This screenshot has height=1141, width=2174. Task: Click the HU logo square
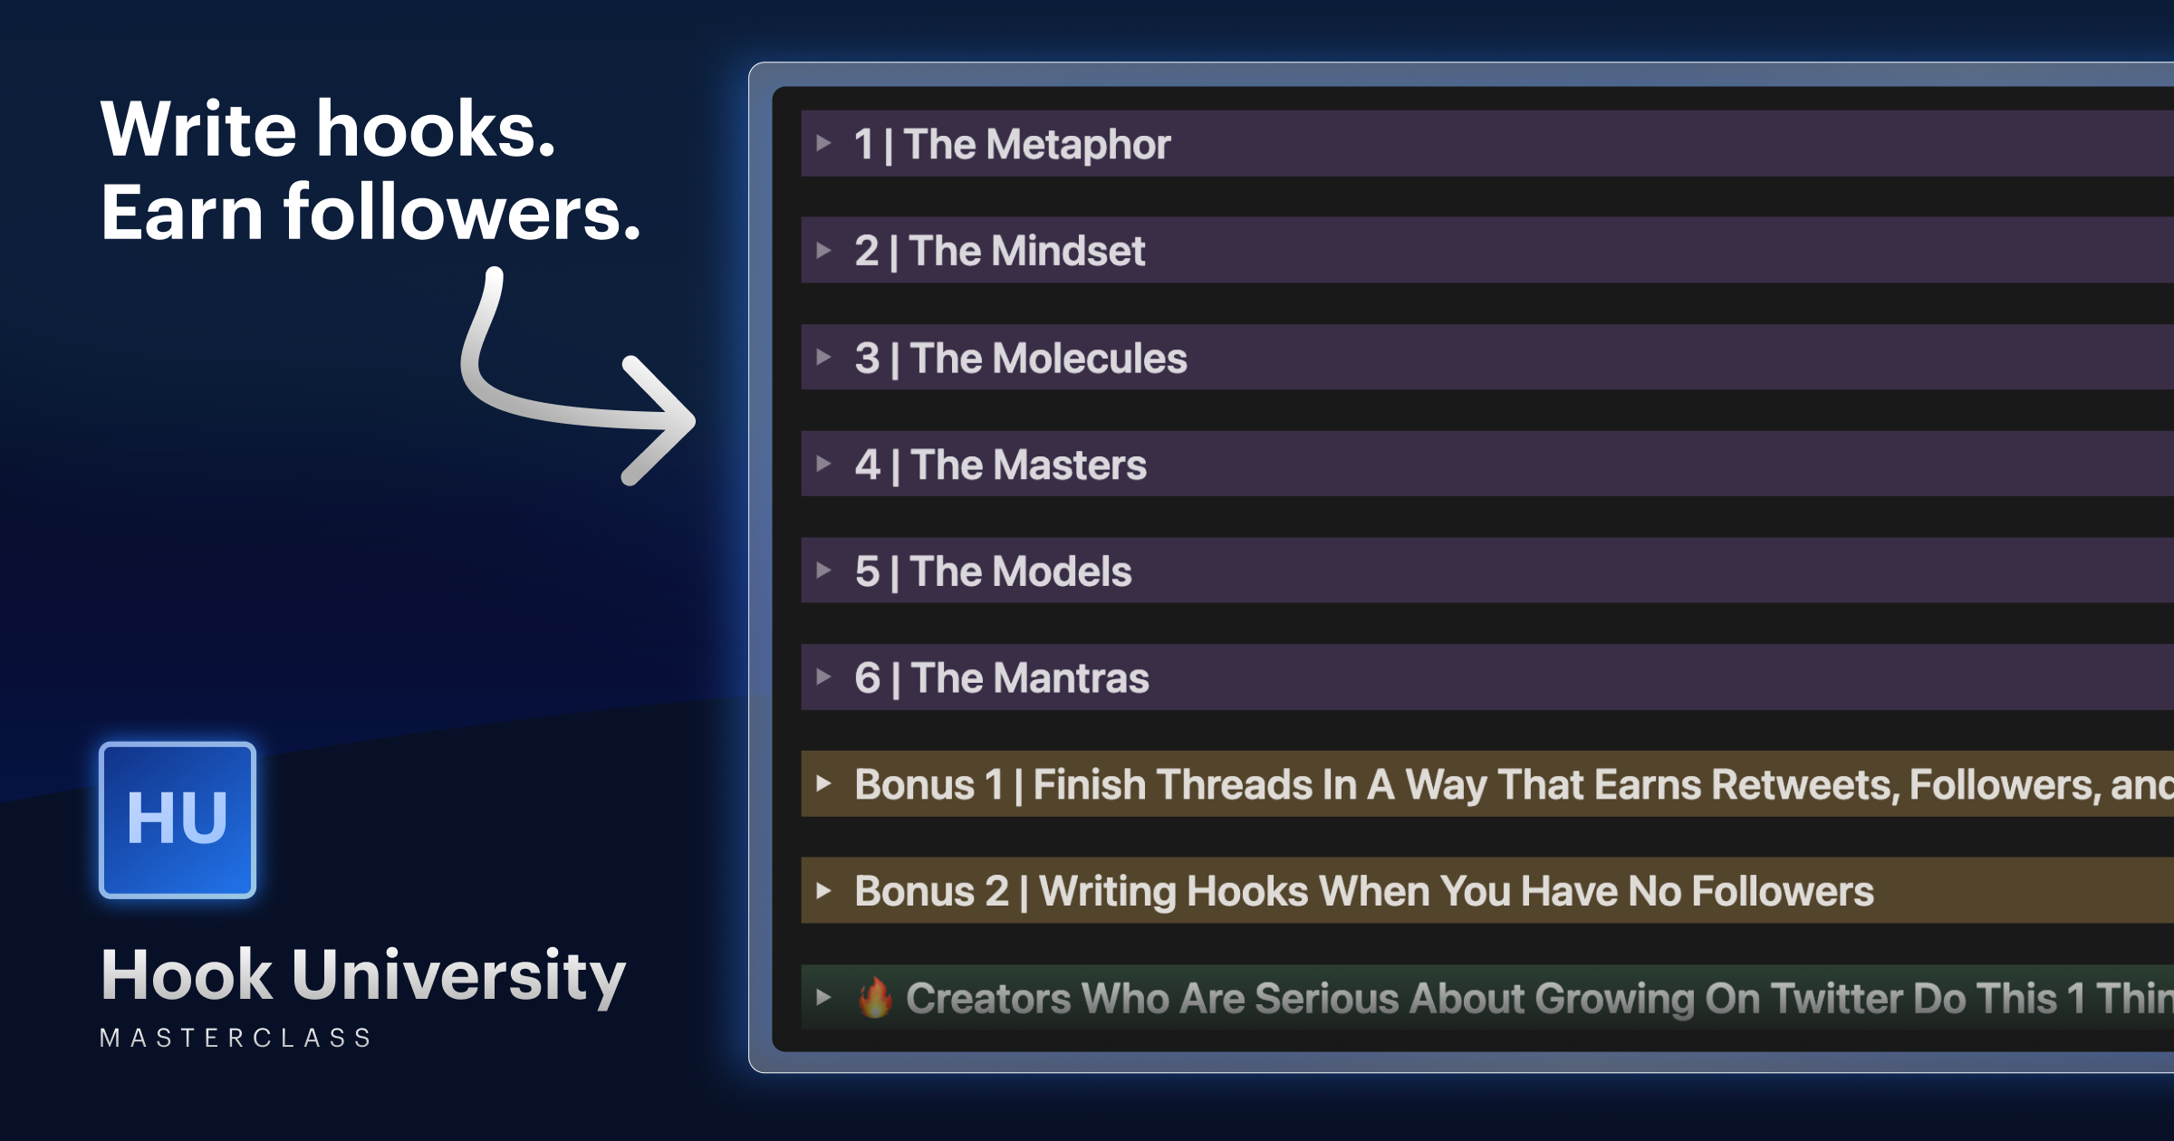(178, 820)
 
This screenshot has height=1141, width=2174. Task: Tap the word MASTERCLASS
(236, 1038)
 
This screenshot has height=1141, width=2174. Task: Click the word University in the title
(458, 976)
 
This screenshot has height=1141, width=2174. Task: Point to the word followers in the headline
(462, 213)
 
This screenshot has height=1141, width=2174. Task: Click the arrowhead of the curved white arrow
(666, 420)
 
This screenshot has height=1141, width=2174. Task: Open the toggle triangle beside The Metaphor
(823, 143)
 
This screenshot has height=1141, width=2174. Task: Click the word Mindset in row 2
(1073, 251)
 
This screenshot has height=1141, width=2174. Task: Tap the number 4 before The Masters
(867, 465)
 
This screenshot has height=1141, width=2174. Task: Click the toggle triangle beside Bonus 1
(823, 783)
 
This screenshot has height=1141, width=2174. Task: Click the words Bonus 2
(931, 891)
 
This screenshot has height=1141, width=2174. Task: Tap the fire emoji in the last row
(875, 998)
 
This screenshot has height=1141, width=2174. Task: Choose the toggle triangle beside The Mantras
(823, 676)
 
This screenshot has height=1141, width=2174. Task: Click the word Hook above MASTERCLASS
(187, 976)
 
